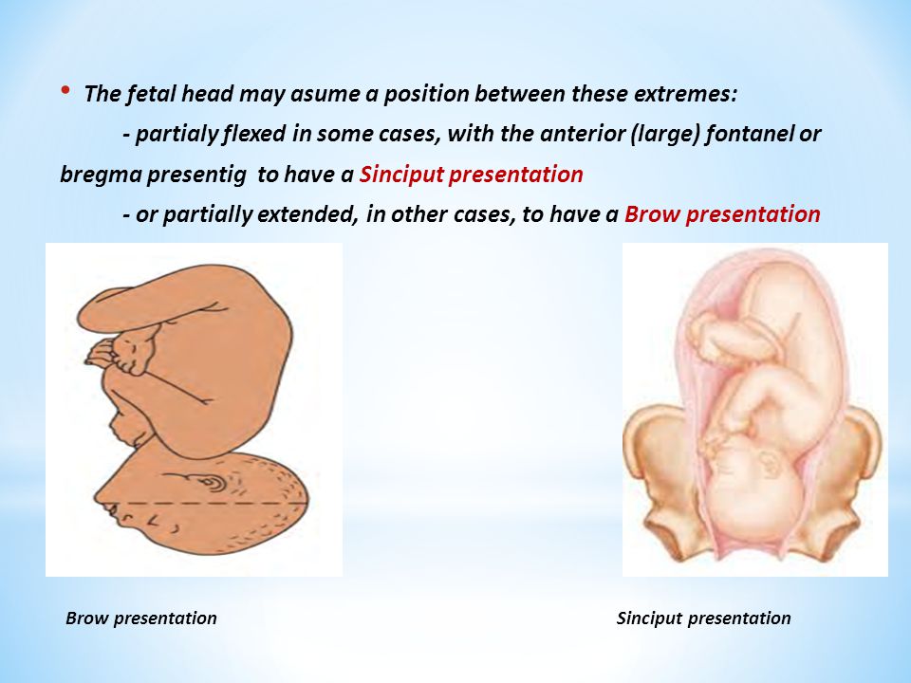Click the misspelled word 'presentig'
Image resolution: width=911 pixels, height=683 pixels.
coord(197,175)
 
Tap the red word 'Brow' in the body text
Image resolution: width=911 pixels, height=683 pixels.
coord(652,214)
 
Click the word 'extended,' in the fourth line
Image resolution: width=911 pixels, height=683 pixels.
coord(307,215)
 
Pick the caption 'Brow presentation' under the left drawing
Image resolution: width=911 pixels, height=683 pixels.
coord(141,618)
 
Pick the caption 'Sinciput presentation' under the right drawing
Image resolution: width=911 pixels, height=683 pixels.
coord(703,618)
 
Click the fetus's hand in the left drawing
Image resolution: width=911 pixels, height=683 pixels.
coord(102,354)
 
